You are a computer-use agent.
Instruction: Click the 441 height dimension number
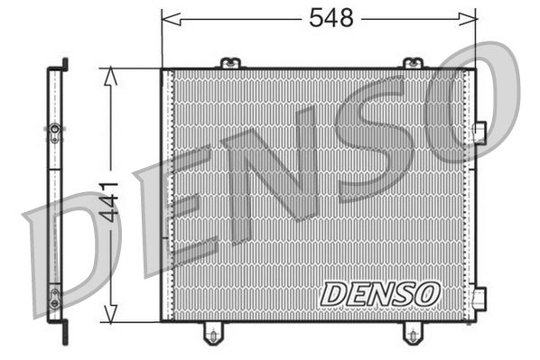pyautogui.click(x=109, y=205)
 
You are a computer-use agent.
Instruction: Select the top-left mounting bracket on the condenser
pyautogui.click(x=230, y=63)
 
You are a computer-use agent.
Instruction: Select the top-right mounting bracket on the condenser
pyautogui.click(x=412, y=63)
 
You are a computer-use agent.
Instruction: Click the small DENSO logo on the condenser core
pyautogui.click(x=380, y=293)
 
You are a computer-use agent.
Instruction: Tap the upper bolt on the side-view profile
pyautogui.click(x=55, y=133)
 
